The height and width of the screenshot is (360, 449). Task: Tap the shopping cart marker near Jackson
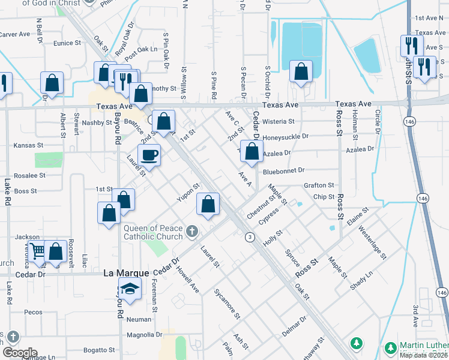37,252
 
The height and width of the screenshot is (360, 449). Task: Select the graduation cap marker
130,289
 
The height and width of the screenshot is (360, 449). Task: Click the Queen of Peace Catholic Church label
152,232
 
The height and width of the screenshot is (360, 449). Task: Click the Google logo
20,353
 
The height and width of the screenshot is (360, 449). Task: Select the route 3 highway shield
249,238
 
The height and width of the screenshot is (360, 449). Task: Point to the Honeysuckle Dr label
286,137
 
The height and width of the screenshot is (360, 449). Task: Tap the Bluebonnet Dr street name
284,171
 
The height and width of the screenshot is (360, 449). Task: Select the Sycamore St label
227,303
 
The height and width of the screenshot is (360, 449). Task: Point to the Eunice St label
67,43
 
